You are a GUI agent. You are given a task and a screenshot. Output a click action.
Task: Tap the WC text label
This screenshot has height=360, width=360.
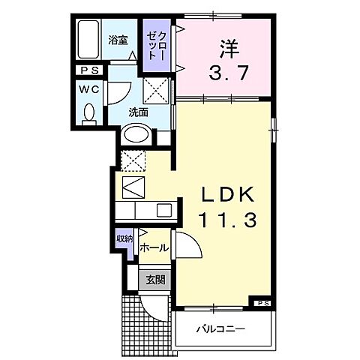[88, 88]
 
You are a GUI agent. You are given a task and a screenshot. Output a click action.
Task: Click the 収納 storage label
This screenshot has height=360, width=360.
[124, 240]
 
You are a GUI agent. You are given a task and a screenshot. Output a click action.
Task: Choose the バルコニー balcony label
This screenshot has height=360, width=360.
[221, 328]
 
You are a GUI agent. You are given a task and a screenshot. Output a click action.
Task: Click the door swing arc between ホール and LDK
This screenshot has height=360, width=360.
[187, 244]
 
